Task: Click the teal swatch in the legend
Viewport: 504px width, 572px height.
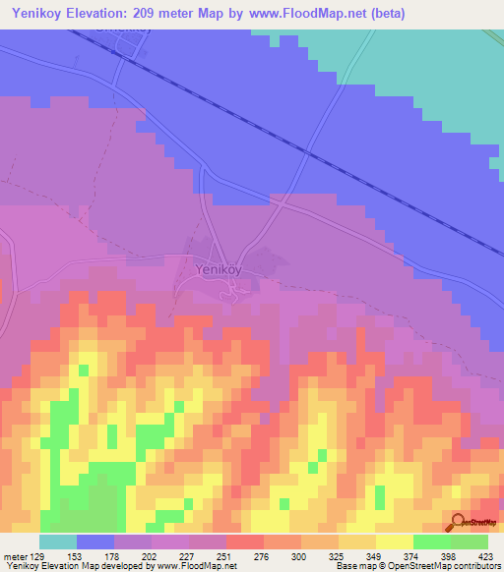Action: point(58,542)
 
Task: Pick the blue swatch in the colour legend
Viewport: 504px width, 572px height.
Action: point(95,542)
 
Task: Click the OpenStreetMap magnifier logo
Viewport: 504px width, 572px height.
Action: point(458,522)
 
